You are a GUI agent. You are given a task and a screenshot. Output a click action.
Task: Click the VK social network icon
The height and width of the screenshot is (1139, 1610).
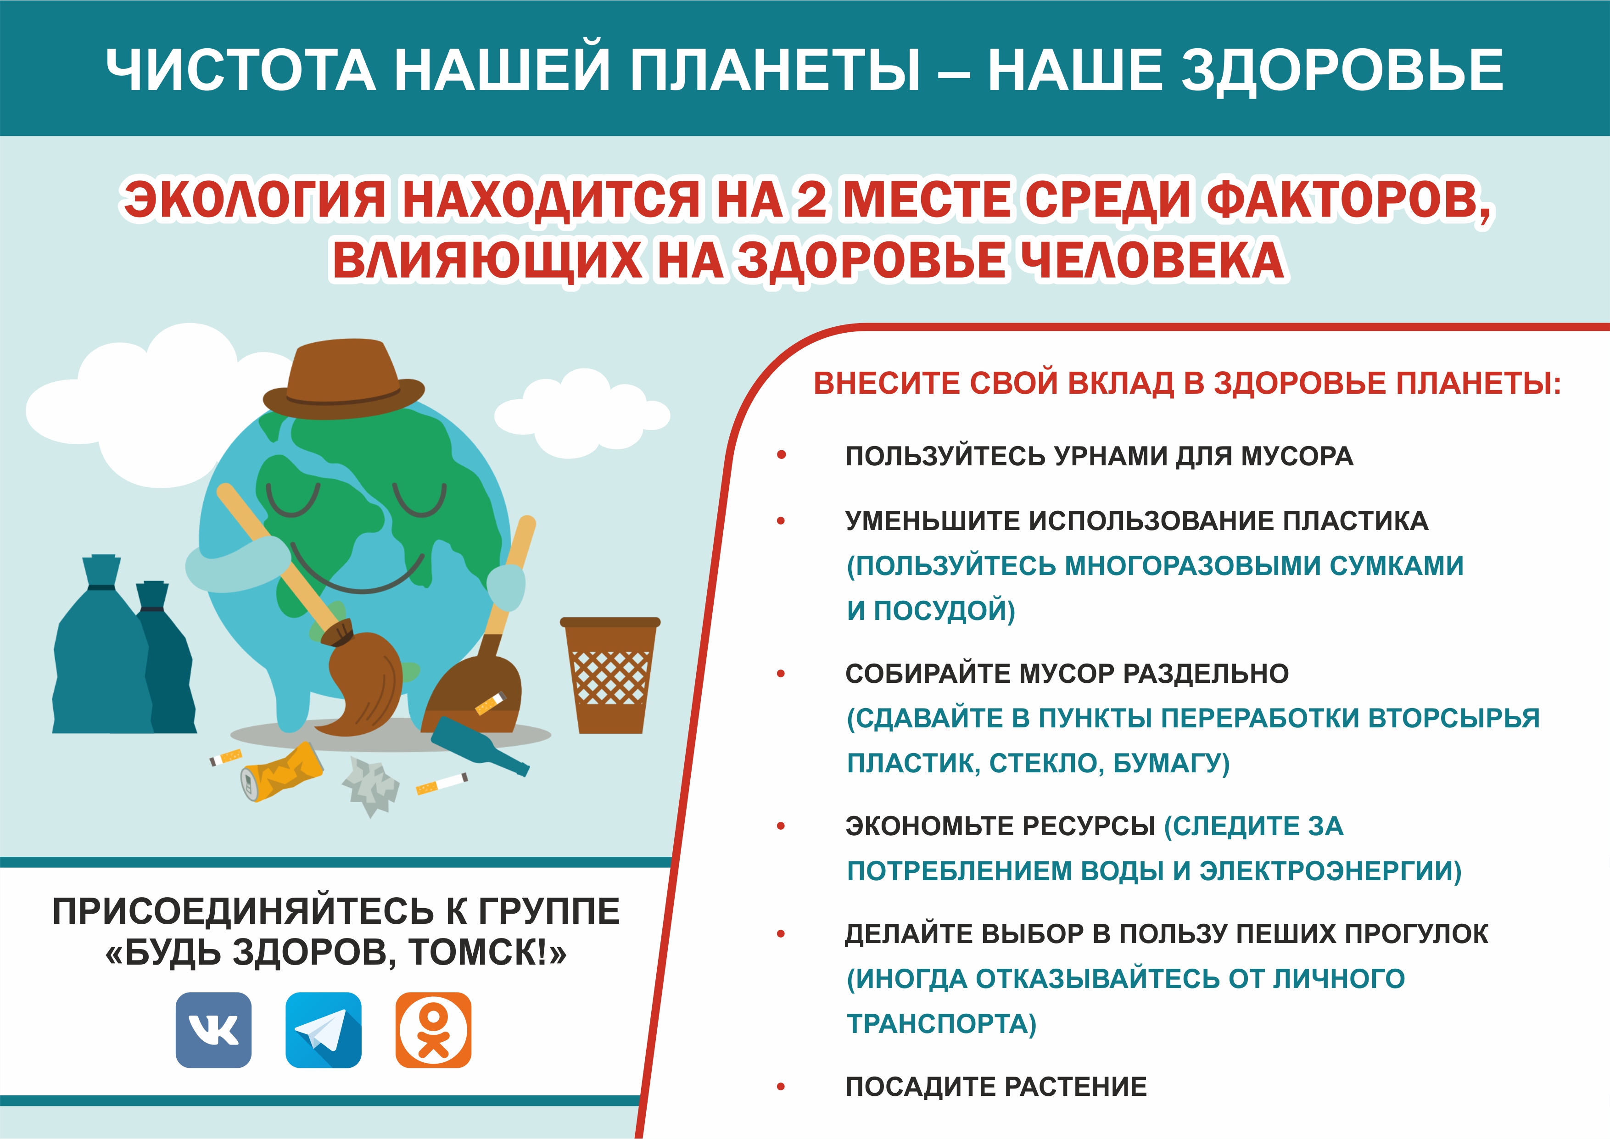pyautogui.click(x=213, y=1030)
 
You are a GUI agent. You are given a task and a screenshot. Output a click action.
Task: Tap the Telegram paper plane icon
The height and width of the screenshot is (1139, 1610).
pyautogui.click(x=323, y=1030)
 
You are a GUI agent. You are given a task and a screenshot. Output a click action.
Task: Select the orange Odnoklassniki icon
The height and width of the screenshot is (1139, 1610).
pyautogui.click(x=433, y=1030)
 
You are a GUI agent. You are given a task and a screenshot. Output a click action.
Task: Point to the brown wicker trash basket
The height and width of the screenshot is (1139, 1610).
pyautogui.click(x=610, y=675)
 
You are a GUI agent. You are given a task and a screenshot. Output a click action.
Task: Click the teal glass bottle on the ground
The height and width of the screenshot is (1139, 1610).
pyautogui.click(x=480, y=745)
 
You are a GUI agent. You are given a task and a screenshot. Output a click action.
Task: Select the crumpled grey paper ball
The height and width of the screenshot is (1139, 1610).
pyautogui.click(x=370, y=787)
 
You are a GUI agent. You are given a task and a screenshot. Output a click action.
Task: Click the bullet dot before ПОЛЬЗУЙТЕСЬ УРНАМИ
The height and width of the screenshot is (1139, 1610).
pyautogui.click(x=781, y=455)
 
